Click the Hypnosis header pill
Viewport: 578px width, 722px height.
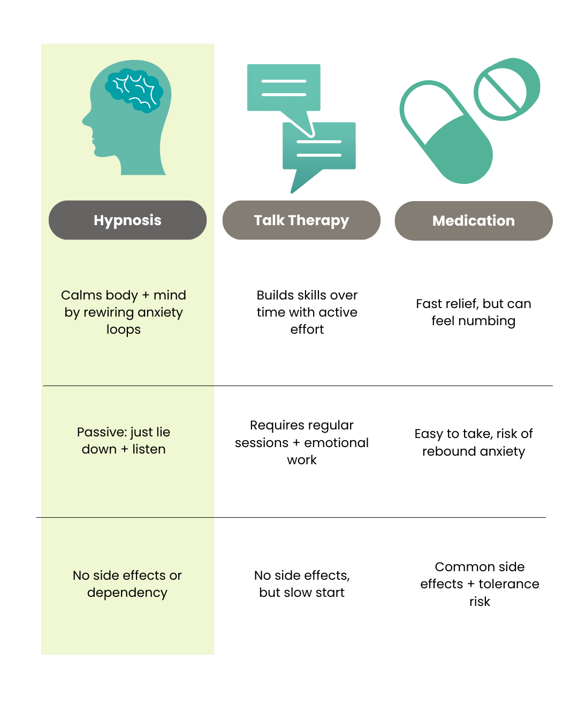pos(127,220)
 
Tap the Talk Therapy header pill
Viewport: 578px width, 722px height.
pos(301,220)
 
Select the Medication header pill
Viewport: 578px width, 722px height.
pos(474,221)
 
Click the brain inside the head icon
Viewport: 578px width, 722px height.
pos(134,90)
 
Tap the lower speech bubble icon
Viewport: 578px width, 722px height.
pos(319,155)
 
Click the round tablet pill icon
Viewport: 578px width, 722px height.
pos(507,89)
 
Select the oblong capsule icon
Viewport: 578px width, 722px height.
pos(446,132)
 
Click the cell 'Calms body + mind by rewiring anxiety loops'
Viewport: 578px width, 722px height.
pos(123,312)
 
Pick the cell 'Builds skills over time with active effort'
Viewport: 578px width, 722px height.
pos(307,312)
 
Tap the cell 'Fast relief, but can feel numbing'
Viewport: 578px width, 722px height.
pos(473,312)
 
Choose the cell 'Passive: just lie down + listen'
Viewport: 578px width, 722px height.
pos(123,440)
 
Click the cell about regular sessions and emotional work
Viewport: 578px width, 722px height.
pos(302,442)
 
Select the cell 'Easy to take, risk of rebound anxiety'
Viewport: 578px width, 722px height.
pos(473,442)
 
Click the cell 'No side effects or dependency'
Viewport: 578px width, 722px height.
pos(127,584)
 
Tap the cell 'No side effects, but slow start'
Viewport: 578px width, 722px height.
pos(302,584)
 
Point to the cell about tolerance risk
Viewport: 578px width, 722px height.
pos(480,584)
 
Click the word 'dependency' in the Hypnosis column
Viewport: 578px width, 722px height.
pos(127,593)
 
